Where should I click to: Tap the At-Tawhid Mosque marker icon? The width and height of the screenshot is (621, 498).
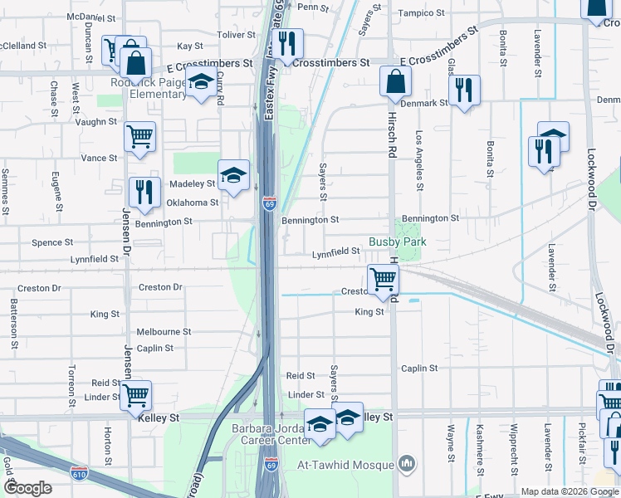point(407,461)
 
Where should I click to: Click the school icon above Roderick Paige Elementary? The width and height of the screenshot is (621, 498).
point(199,82)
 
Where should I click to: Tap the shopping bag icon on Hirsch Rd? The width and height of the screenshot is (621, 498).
point(396,81)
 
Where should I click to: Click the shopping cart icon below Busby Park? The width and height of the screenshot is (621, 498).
point(382,278)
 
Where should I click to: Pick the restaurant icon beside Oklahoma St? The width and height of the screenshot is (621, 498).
point(144,192)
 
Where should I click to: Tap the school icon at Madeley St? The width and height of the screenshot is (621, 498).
point(234,174)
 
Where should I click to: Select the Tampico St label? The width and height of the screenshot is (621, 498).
point(423,12)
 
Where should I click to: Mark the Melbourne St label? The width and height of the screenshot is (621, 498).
point(164,331)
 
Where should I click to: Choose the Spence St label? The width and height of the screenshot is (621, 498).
point(52,242)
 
